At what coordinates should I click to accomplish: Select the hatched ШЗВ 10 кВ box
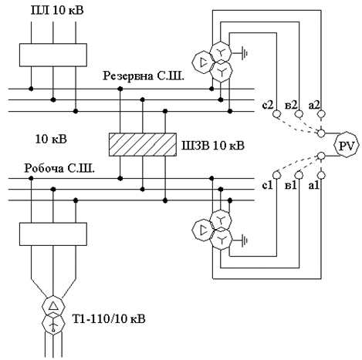pyautogui.click(x=143, y=144)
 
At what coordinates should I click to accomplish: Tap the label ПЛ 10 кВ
pyautogui.click(x=57, y=11)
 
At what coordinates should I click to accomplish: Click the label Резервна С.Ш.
pyautogui.click(x=144, y=76)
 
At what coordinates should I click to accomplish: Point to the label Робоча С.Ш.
pyautogui.click(x=59, y=169)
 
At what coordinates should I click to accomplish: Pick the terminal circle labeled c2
pyautogui.click(x=276, y=113)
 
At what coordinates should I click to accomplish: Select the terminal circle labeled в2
pyautogui.click(x=299, y=113)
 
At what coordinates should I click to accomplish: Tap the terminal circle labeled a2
pyautogui.click(x=321, y=113)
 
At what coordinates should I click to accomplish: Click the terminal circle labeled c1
pyautogui.click(x=276, y=175)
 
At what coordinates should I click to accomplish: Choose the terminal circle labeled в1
pyautogui.click(x=299, y=175)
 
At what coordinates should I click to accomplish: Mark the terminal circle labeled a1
pyautogui.click(x=321, y=175)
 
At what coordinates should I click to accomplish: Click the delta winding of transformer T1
pyautogui.click(x=53, y=306)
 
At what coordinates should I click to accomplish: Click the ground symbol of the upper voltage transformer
pyautogui.click(x=244, y=53)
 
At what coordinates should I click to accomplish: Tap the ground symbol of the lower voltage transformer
pyautogui.click(x=244, y=241)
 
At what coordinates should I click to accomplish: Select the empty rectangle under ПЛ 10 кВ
pyautogui.click(x=53, y=55)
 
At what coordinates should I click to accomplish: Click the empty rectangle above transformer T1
pyautogui.click(x=53, y=234)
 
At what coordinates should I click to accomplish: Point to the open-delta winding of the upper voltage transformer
pyautogui.click(x=203, y=62)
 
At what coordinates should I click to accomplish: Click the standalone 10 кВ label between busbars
pyautogui.click(x=51, y=139)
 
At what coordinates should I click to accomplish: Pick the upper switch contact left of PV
pyautogui.click(x=321, y=133)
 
